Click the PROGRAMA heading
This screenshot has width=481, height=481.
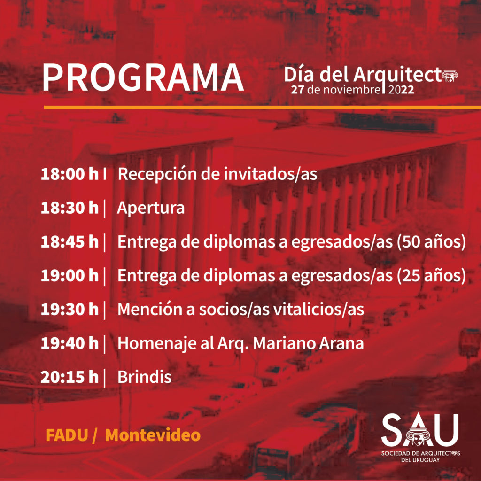point(143,78)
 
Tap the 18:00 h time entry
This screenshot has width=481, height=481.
point(70,174)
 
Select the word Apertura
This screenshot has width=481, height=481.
point(151,208)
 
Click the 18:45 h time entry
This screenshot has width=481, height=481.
point(70,242)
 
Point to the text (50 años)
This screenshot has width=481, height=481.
point(431,242)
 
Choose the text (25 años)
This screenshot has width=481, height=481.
point(431,276)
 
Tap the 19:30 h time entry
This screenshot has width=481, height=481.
point(70,309)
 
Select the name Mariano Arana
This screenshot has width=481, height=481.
point(308,343)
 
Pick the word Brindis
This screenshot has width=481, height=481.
point(145,377)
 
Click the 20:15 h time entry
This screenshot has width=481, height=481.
point(70,377)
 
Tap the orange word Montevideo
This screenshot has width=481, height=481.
point(153,435)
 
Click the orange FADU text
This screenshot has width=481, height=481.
point(67,435)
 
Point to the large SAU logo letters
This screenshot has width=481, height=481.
point(420,430)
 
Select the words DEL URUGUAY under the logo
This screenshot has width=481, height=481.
point(420,460)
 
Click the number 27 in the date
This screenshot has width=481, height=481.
point(297,90)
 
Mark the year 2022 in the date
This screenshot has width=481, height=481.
point(401,90)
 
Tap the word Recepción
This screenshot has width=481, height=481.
point(157,174)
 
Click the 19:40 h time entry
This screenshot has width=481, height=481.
point(70,343)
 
